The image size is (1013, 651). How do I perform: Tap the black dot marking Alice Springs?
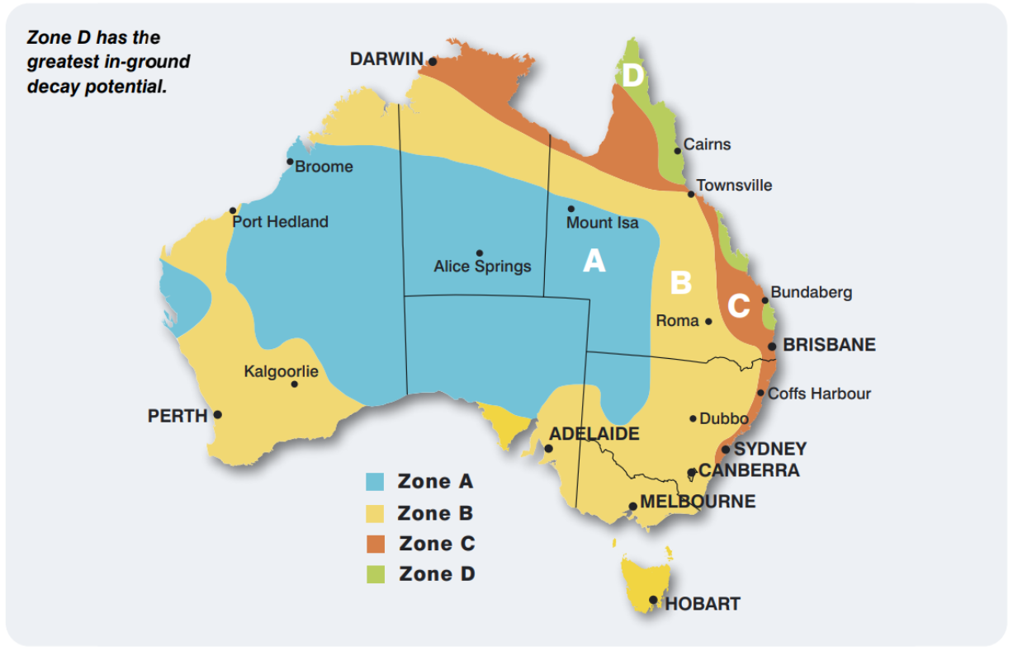tap(480, 253)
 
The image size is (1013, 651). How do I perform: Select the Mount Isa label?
tap(602, 223)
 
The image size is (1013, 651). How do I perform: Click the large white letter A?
tap(594, 262)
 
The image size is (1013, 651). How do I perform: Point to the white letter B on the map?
tap(680, 283)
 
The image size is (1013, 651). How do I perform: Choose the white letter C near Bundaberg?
tap(738, 306)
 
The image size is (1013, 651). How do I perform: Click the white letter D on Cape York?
tap(632, 77)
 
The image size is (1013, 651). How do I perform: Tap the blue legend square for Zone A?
tap(376, 482)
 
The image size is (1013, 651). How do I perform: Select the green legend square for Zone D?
tap(376, 574)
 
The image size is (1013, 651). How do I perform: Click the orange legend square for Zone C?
tap(376, 544)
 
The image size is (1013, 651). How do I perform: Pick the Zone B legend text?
tap(435, 513)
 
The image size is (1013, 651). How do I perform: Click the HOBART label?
tap(703, 604)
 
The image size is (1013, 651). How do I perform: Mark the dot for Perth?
tap(218, 415)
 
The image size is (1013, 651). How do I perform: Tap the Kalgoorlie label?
tap(281, 371)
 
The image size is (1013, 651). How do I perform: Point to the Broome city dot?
tap(290, 162)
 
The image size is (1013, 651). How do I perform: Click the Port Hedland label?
tap(280, 222)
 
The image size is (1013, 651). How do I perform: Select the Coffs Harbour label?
tap(819, 394)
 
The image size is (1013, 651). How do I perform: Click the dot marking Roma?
tap(708, 321)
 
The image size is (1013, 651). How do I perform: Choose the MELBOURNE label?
tap(698, 502)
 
